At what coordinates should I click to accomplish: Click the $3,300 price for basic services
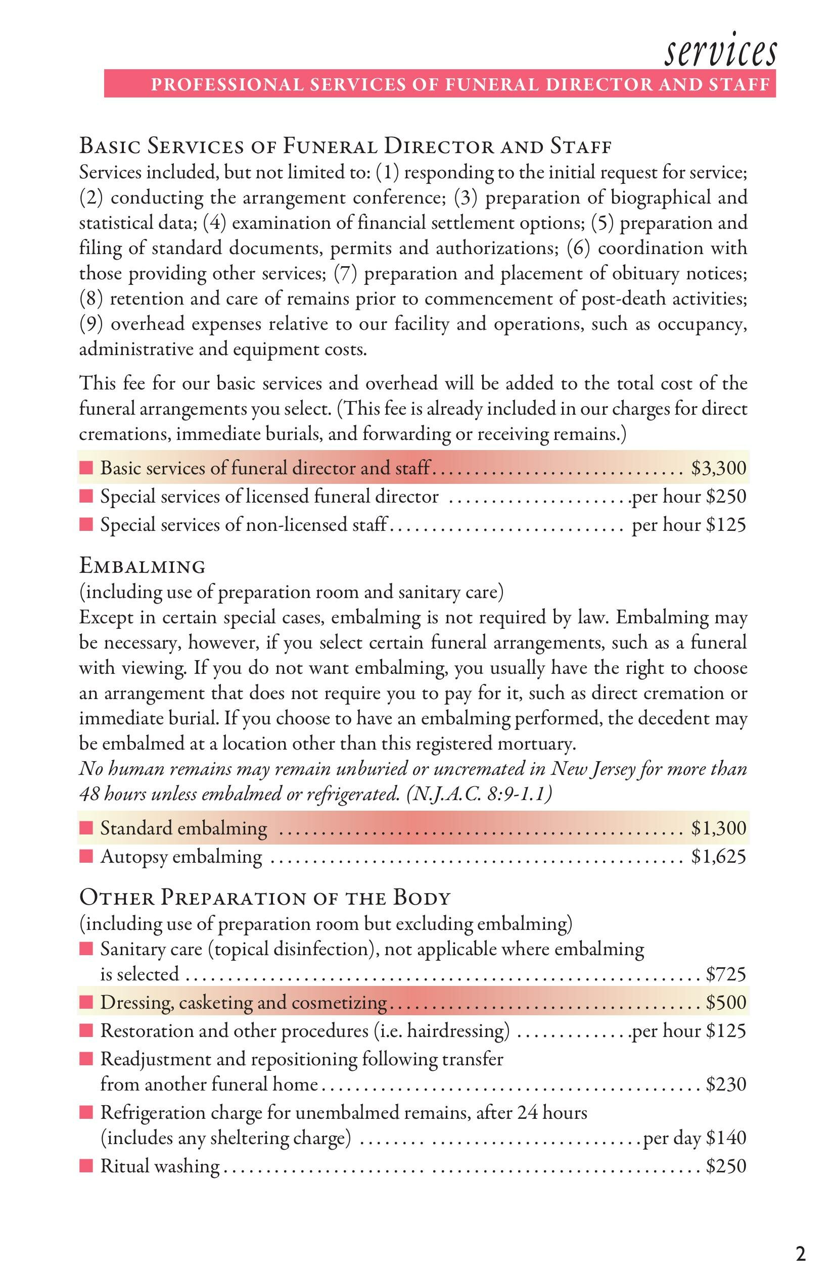[x=719, y=468]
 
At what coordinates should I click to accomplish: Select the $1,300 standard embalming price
[x=719, y=828]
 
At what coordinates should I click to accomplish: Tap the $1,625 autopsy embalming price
[x=719, y=857]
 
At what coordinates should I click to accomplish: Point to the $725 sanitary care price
[x=726, y=974]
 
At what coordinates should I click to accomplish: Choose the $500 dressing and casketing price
[x=726, y=1002]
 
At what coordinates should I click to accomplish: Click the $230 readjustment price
[x=726, y=1084]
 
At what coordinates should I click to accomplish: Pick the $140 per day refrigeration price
[x=726, y=1137]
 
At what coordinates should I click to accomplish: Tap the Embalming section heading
[x=143, y=567]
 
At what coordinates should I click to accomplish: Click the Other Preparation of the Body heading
[x=265, y=898]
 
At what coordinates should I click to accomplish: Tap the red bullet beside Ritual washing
[x=86, y=1166]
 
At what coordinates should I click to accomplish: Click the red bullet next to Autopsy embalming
[x=86, y=857]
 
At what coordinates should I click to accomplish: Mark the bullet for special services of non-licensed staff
[x=86, y=525]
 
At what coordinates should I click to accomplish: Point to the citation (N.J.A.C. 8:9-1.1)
[x=479, y=794]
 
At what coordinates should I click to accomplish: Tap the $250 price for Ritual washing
[x=726, y=1166]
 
